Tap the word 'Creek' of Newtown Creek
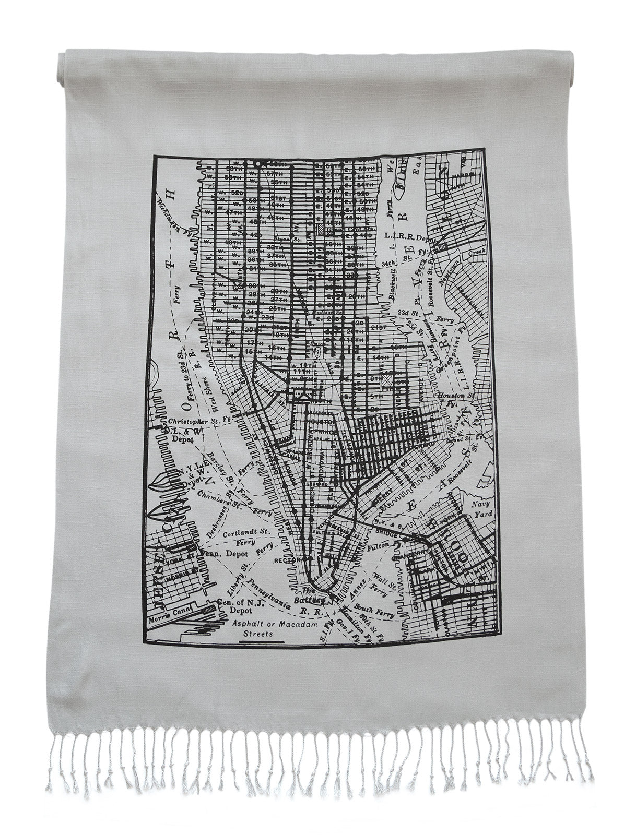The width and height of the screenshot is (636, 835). [476, 252]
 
